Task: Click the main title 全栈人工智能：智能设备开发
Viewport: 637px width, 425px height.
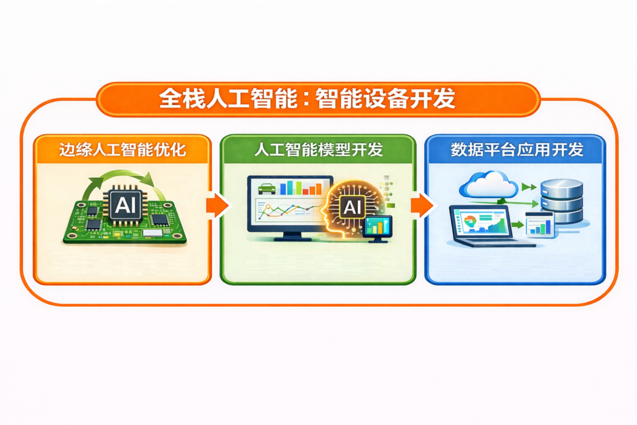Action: (307, 99)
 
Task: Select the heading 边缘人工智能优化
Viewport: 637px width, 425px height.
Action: (123, 149)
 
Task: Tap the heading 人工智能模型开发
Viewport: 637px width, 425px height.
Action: (318, 149)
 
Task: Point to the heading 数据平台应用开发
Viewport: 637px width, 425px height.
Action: (517, 149)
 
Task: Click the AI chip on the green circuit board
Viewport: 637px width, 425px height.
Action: (125, 204)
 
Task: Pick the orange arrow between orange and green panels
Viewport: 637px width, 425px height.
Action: (217, 205)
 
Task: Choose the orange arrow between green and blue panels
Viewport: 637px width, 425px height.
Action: (422, 205)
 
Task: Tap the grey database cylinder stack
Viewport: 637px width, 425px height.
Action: (562, 202)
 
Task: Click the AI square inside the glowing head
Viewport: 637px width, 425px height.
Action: (352, 207)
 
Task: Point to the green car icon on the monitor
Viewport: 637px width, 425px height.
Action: (266, 189)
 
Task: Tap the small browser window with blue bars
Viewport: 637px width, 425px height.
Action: (540, 225)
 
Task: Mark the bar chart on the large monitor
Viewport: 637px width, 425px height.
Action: (301, 188)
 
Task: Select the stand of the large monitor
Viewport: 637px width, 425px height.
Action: (290, 236)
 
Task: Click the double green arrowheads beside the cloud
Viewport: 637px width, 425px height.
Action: (529, 187)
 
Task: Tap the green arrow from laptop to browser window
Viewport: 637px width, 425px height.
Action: (517, 225)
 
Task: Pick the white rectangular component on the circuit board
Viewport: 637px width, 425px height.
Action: (153, 233)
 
